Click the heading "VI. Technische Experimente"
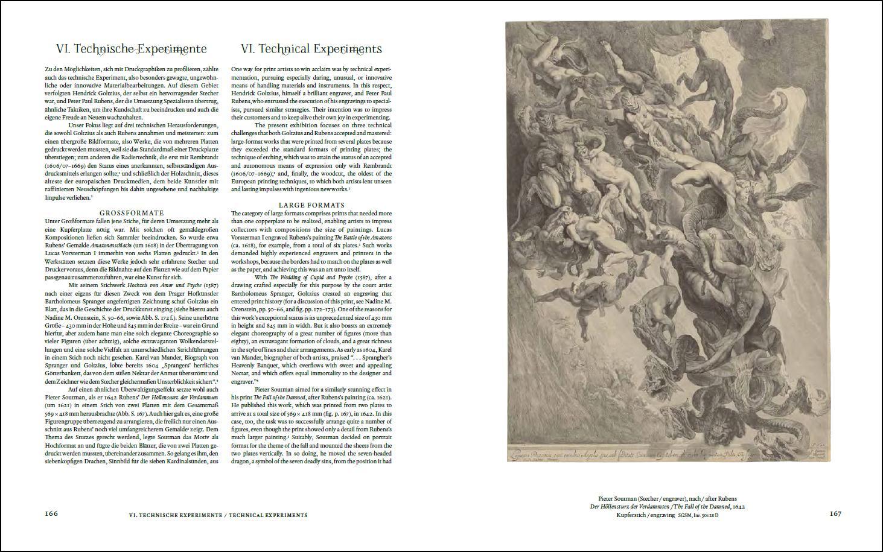tap(131, 49)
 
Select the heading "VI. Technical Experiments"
tap(311, 49)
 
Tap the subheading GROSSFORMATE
tap(132, 213)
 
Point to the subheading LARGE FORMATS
tap(311, 205)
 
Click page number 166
tap(51, 514)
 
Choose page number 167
tap(835, 514)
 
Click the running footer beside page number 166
tap(218, 515)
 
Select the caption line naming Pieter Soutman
tap(667, 499)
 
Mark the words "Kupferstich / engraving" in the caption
tap(645, 516)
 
